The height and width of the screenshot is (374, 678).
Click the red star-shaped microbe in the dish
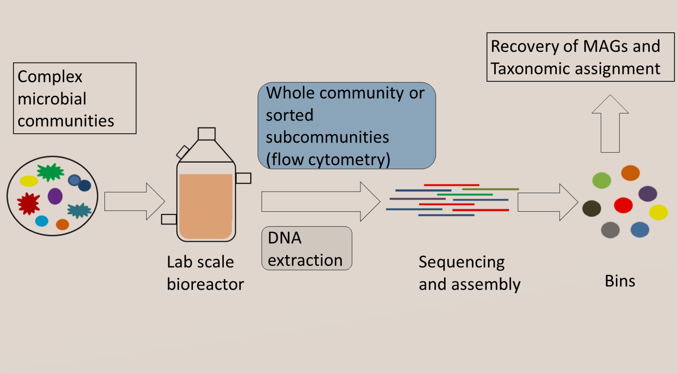coord(28,203)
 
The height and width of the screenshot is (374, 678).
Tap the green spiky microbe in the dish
coord(50,172)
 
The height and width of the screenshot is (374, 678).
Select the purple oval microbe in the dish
coord(55,196)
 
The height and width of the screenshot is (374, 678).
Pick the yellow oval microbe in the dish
coord(29,181)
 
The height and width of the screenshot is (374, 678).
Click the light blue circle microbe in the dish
coord(42,221)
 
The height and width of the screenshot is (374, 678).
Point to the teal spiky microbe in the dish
coord(79,211)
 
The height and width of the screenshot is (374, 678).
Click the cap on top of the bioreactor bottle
coord(206,134)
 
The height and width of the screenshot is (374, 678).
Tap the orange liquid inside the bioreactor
coord(206,205)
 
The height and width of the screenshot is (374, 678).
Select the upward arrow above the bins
coord(610,124)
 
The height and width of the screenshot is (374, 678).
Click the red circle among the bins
coord(623,205)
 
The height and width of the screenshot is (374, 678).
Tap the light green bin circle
coord(602,180)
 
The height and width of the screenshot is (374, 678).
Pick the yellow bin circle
coord(658,212)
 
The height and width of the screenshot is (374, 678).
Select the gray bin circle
coord(610,230)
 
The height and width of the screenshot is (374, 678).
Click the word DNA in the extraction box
coord(284,238)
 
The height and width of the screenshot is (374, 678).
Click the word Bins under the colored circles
coord(620,281)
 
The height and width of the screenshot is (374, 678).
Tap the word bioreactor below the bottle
coord(205,284)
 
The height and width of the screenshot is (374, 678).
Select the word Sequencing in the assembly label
coord(461,262)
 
